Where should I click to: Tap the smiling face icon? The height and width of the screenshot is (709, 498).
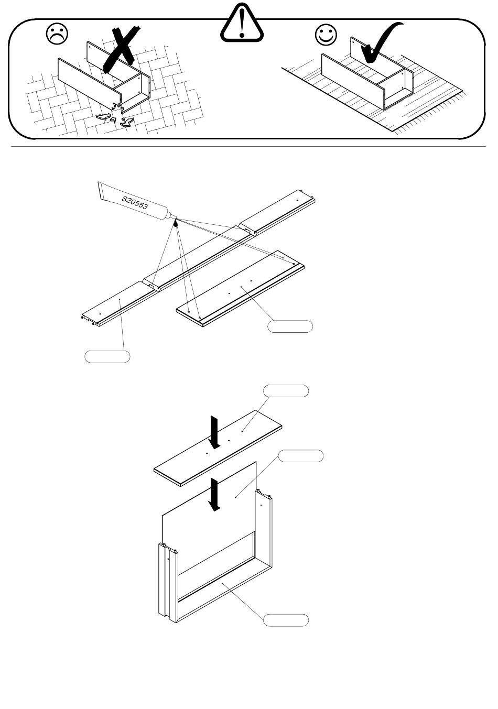tap(326, 35)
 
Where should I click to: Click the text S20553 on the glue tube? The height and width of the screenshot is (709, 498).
tap(135, 203)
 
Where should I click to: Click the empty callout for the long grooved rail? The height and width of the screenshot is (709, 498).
tap(107, 357)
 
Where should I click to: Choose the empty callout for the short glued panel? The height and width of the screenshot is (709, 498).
tap(290, 326)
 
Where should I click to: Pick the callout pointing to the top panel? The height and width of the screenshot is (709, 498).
tap(286, 391)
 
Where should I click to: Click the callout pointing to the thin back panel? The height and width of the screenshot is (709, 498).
tap(300, 456)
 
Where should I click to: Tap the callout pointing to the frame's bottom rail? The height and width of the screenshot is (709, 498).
tap(286, 620)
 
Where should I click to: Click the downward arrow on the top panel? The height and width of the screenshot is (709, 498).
tap(213, 431)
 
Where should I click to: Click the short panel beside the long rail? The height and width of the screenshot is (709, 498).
tap(241, 288)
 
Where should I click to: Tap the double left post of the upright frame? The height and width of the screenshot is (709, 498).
tap(167, 582)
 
